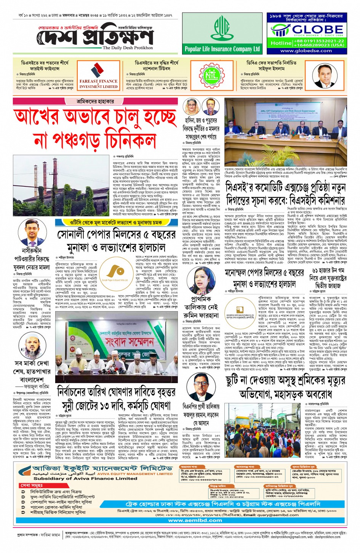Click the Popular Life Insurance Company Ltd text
click(x=222, y=49)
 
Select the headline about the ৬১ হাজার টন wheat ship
click(x=327, y=278)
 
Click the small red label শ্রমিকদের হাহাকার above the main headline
click(x=95, y=102)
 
